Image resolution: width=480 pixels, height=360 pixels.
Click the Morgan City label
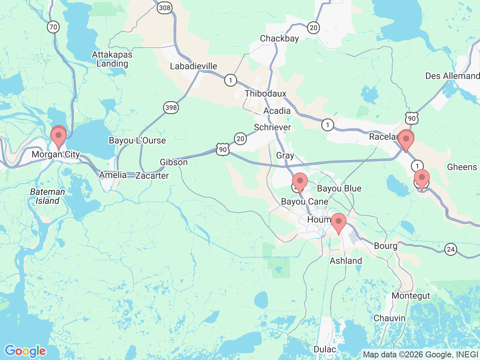[55, 154]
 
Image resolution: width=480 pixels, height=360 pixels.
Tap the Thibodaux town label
[265, 94]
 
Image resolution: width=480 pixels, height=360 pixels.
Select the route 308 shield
[164, 7]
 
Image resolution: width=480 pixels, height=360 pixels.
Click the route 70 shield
[53, 27]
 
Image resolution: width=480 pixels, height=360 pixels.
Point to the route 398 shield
[171, 108]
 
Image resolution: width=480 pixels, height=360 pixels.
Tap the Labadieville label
[193, 66]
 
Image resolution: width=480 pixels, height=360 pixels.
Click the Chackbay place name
[279, 39]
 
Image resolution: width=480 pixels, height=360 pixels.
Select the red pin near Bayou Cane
[300, 181]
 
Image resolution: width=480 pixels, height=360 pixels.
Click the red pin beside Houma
[338, 222]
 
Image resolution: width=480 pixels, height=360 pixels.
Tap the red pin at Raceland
[406, 139]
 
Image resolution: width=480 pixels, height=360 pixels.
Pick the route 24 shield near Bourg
[451, 249]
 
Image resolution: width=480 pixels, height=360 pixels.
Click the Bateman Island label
[47, 196]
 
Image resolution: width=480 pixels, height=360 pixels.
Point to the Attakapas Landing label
[112, 59]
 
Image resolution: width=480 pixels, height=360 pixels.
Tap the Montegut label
[411, 296]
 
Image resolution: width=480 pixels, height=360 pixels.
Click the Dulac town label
[325, 349]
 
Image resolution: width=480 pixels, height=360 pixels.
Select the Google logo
[25, 351]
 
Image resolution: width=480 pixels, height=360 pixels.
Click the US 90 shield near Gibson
[223, 150]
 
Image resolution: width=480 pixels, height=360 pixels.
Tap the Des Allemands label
[452, 76]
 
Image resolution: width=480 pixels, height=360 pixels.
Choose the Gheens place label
[462, 167]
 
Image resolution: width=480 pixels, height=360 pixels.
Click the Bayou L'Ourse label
[137, 141]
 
